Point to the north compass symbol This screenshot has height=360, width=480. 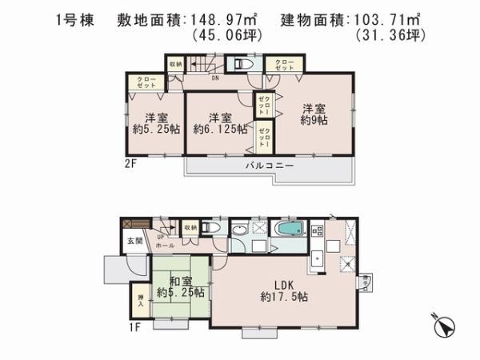point(442,326)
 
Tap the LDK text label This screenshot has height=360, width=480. point(286,282)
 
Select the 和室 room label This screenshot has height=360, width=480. point(181,282)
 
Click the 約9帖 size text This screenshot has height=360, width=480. point(315,119)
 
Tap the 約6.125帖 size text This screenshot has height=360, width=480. point(218,126)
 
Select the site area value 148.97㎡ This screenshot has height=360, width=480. point(230,18)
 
